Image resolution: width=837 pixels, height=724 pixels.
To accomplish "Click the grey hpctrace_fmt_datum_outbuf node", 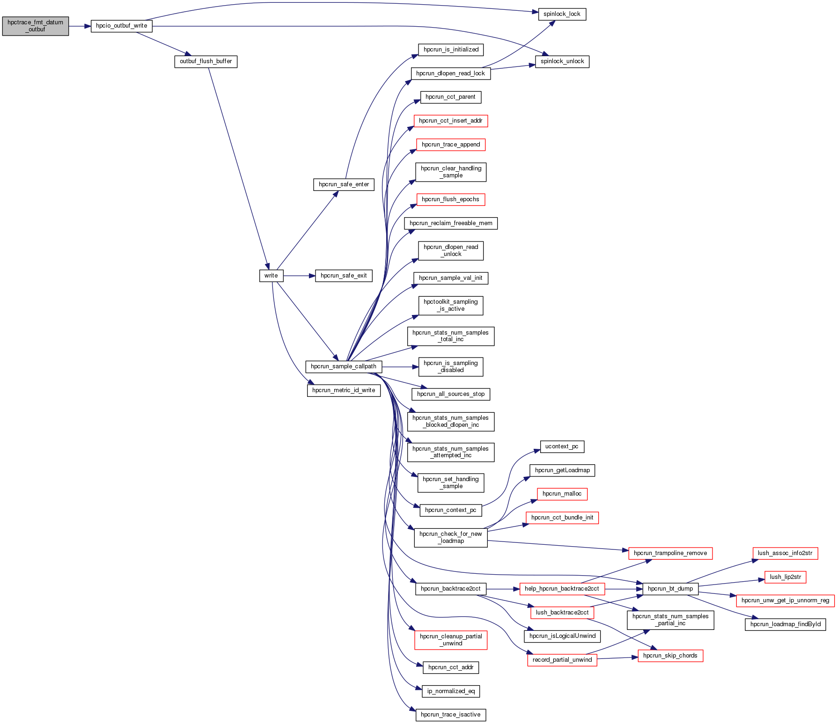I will [x=35, y=26].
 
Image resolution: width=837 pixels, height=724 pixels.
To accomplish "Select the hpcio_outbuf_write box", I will [x=121, y=26].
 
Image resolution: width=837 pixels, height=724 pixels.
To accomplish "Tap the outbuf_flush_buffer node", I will [x=206, y=61].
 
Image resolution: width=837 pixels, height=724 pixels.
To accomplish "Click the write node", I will [x=271, y=276].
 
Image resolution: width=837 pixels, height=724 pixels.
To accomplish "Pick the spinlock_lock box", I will [x=562, y=14].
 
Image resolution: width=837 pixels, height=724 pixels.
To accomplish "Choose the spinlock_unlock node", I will [x=562, y=61].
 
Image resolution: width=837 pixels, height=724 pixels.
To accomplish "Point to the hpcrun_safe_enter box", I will [x=344, y=184].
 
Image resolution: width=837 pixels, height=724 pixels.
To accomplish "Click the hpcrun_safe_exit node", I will [x=344, y=276].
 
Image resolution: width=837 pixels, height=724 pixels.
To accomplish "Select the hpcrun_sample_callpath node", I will [x=343, y=366].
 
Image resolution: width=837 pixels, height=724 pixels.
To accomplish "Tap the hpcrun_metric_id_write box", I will [x=343, y=390].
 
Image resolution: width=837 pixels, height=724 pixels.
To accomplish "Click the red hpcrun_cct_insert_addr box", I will [x=450, y=121].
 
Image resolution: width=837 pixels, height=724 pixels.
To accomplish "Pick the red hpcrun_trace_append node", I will [x=450, y=145].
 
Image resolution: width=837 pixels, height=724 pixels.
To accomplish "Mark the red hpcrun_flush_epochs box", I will [x=450, y=199].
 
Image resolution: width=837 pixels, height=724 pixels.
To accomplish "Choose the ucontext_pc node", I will [x=561, y=446].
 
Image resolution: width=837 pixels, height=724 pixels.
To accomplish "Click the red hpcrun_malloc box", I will [x=561, y=494].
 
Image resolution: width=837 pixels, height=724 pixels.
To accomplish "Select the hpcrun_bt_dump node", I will [x=670, y=589].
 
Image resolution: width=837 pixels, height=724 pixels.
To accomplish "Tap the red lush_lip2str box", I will [x=785, y=577].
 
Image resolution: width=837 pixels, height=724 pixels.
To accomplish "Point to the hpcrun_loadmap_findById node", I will [x=785, y=624].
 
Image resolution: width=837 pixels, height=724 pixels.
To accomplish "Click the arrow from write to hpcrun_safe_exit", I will [x=299, y=276].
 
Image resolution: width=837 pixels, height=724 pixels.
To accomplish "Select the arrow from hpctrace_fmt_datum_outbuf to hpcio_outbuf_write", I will [x=80, y=26].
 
